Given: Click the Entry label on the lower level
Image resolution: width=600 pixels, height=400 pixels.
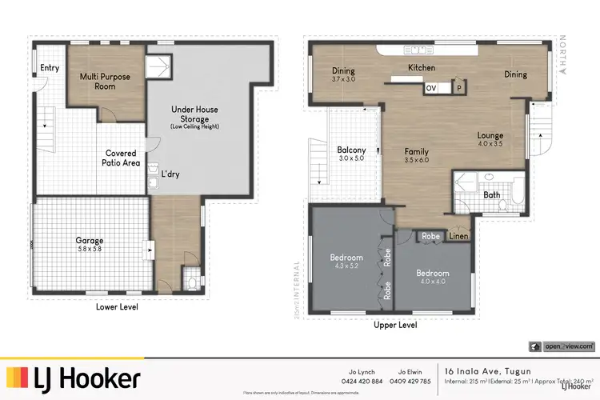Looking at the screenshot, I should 50,68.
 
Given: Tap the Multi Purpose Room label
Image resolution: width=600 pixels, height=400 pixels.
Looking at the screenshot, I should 105,81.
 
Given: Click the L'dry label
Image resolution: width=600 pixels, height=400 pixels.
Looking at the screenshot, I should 170,174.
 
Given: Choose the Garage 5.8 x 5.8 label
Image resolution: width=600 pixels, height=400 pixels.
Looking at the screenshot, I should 90,244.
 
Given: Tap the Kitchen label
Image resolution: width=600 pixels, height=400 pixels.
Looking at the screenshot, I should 421,68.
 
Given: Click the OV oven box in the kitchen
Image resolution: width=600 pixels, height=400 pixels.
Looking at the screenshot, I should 431,88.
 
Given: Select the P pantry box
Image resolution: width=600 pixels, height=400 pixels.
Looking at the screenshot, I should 458,88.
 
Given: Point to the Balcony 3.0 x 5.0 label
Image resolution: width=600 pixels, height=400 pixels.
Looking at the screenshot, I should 351,154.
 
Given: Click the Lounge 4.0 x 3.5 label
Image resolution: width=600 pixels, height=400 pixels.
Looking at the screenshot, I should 490,140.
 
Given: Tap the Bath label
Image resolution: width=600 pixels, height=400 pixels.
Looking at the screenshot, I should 492,194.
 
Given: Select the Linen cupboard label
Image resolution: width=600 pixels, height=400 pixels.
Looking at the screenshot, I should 458,236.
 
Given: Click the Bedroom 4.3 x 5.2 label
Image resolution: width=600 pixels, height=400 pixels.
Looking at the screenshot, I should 346,262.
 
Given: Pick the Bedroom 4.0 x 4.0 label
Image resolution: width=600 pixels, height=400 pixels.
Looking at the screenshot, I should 431,276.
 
